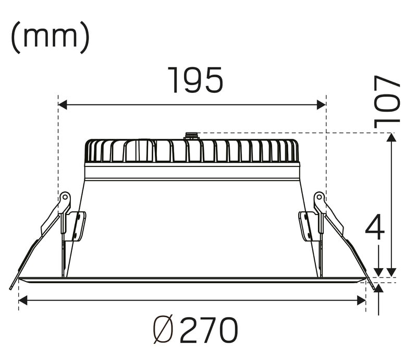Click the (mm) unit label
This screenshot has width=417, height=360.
point(50,37)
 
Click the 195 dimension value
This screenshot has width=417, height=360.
point(195,80)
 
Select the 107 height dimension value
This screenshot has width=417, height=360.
point(387,102)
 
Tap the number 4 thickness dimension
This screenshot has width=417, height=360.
point(375,227)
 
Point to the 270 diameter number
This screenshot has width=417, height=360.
point(209,330)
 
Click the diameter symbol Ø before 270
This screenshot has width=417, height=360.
point(163,330)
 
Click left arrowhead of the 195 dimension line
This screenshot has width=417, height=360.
point(63,105)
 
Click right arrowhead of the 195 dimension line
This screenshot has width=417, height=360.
point(321,105)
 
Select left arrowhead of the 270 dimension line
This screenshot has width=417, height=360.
point(23,300)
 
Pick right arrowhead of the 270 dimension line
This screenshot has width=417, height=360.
point(361,300)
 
